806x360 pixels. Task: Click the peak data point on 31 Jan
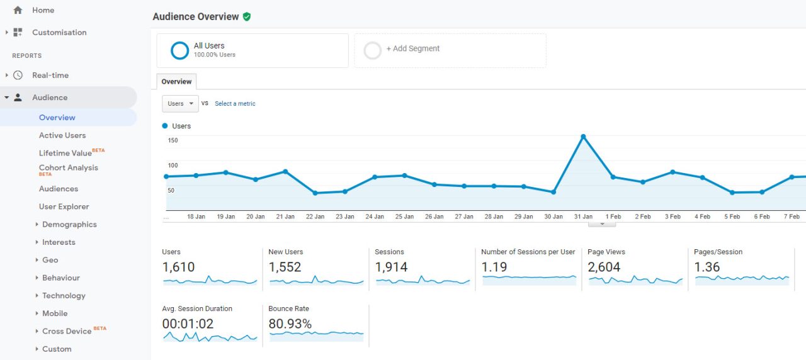coord(583,137)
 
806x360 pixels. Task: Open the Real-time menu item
coord(50,75)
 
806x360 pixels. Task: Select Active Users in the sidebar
coord(62,135)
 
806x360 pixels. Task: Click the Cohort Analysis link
coord(69,168)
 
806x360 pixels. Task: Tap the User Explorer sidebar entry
coord(64,206)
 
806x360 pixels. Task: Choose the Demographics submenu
coord(69,224)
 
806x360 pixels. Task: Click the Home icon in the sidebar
coord(18,10)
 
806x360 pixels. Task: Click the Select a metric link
coord(235,104)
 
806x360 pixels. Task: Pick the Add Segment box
coord(450,50)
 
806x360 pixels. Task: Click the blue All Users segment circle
coord(180,50)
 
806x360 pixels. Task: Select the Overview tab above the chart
coord(176,82)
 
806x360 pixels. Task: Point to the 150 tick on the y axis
coord(173,140)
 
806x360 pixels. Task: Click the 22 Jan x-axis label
coord(315,217)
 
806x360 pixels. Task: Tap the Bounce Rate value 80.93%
coord(290,323)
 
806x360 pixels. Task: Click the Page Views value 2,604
coord(604,267)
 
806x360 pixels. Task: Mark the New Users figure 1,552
coord(285,267)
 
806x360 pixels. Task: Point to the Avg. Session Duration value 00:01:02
coord(188,323)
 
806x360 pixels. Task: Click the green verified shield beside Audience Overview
coord(247,16)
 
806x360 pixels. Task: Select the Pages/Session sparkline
coord(742,278)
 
